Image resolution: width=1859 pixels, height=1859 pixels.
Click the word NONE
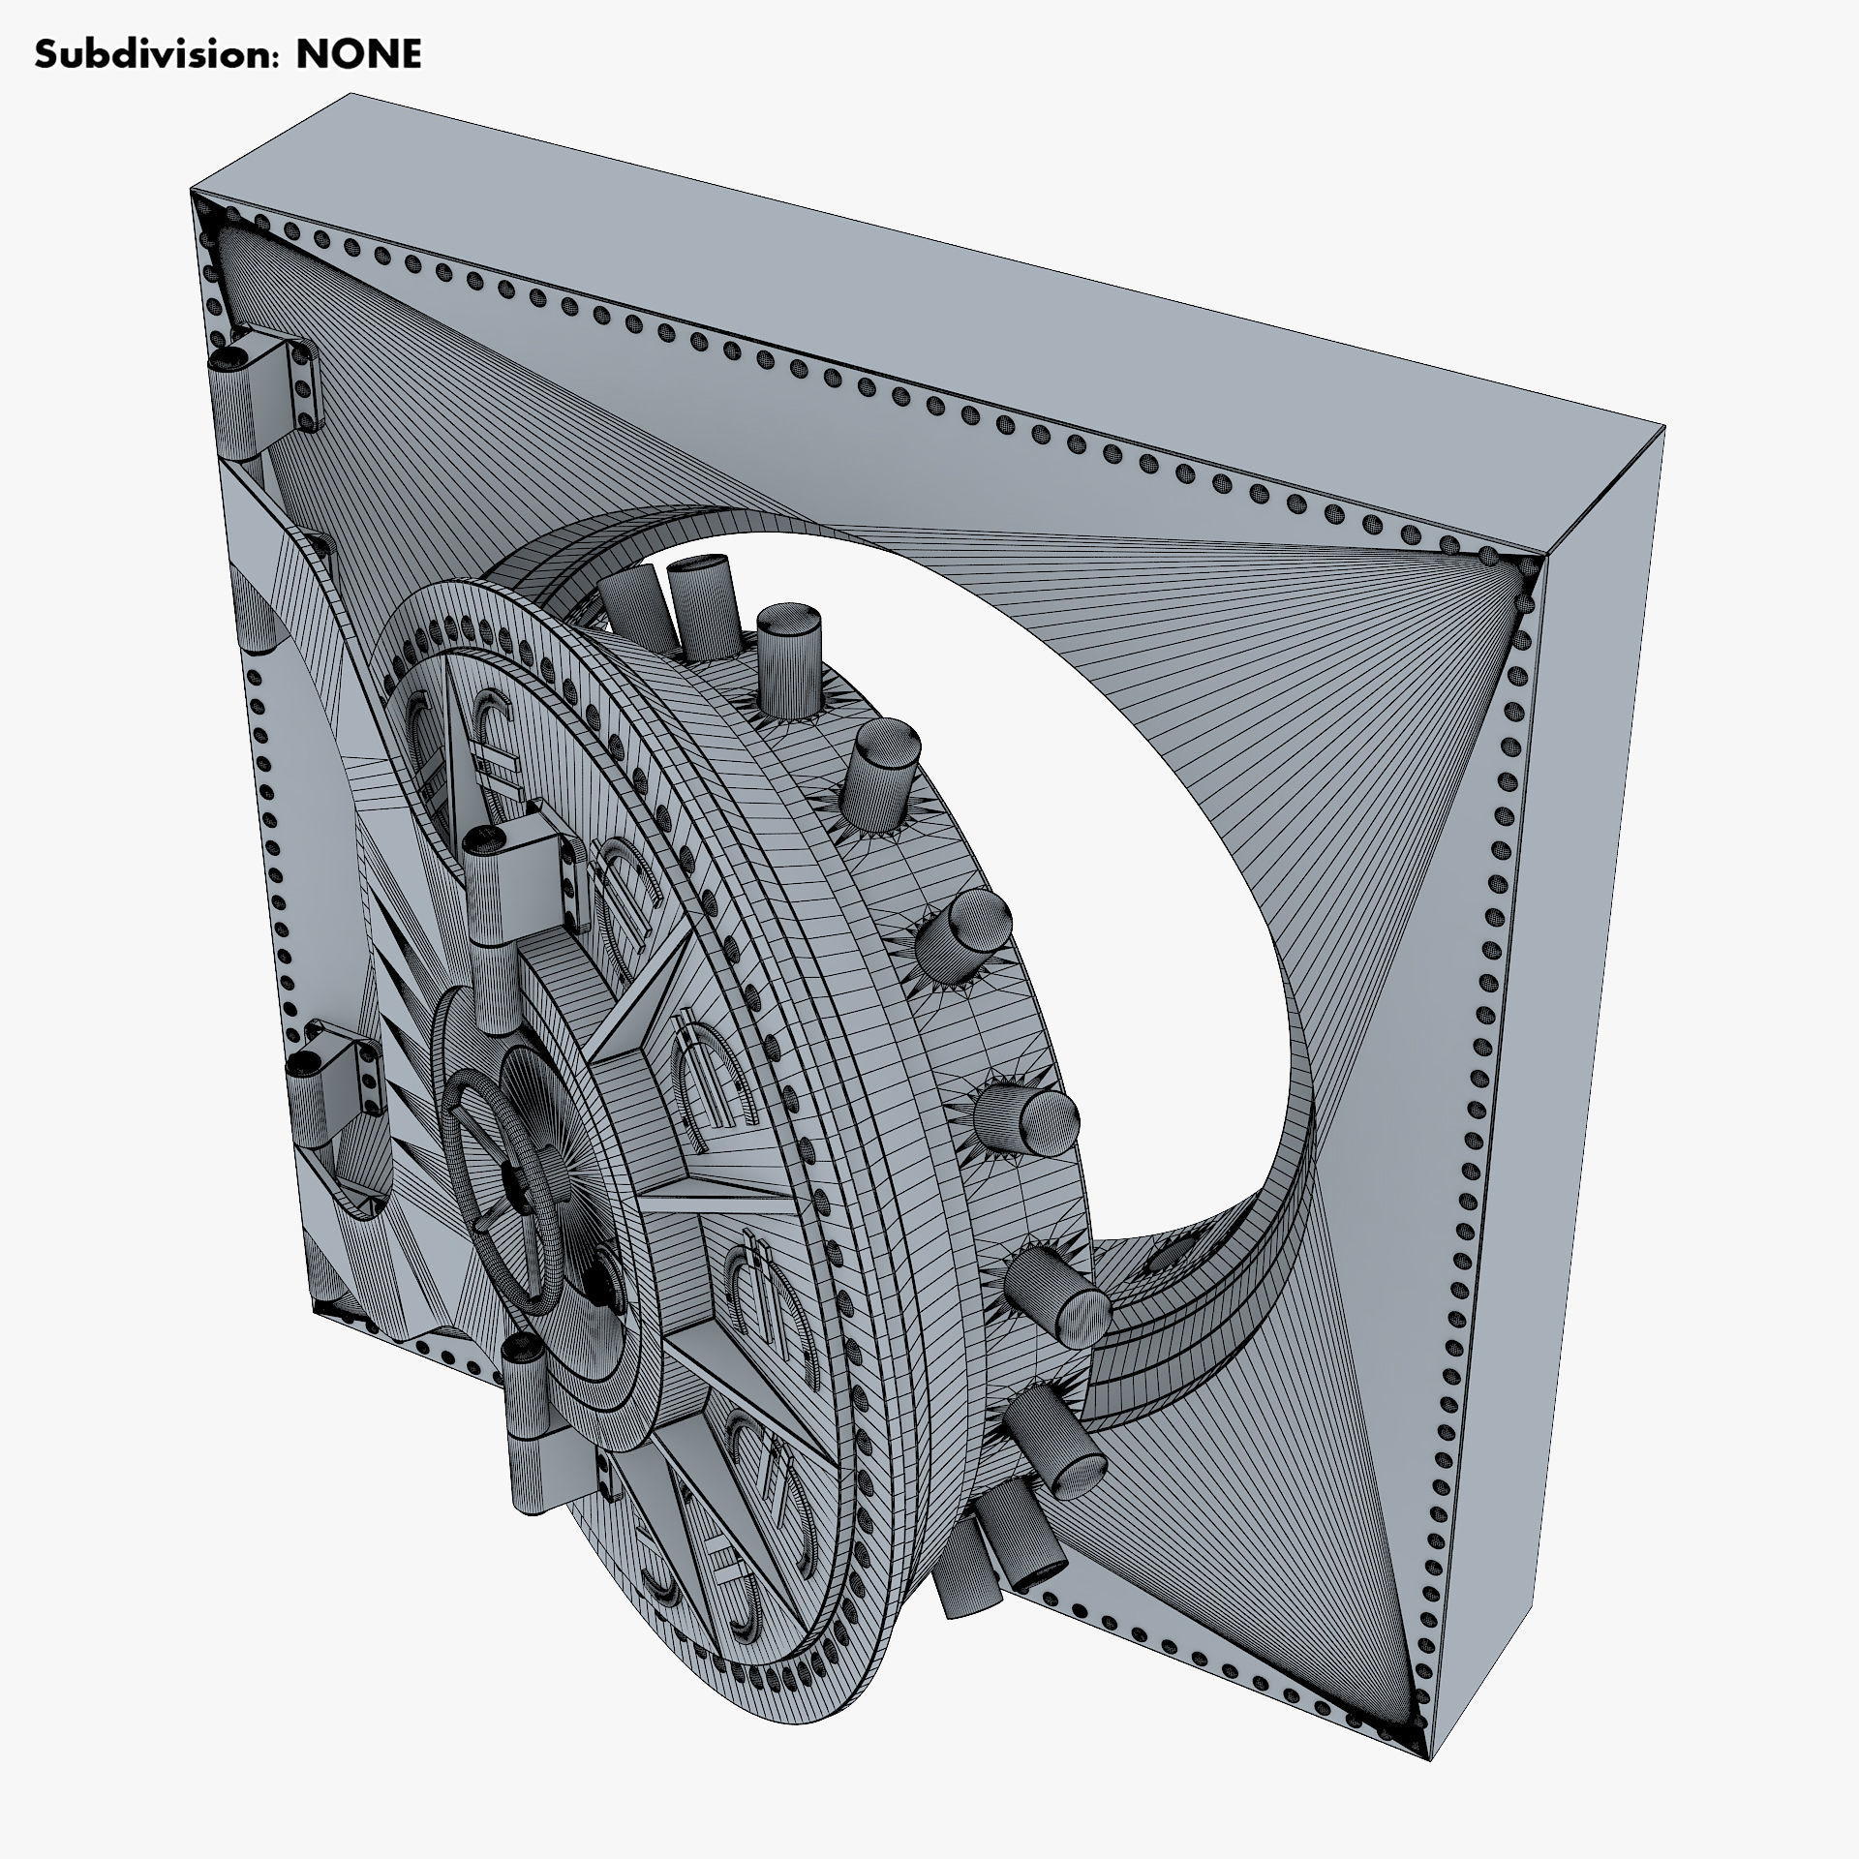[358, 55]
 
